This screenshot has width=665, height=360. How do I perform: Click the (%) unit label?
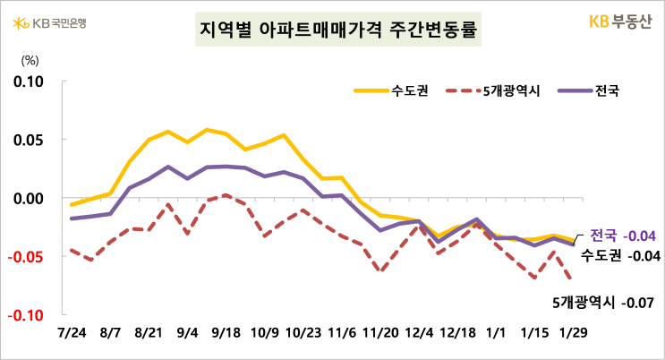30,62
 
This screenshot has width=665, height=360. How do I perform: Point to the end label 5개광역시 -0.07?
605,302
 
